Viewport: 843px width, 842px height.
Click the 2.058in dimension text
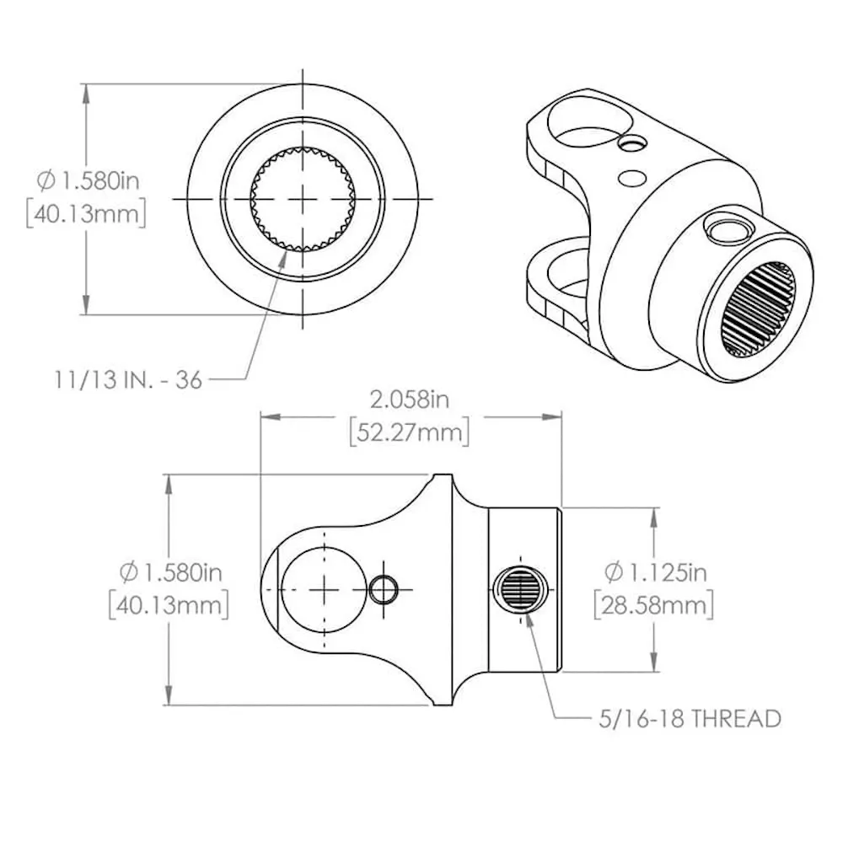click(409, 400)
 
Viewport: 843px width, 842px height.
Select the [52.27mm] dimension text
click(410, 432)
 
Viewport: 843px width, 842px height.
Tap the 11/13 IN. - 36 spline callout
click(128, 380)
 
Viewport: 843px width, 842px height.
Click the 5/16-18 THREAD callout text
click(690, 719)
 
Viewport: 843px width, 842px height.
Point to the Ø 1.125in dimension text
click(656, 572)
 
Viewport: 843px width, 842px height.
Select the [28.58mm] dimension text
click(654, 606)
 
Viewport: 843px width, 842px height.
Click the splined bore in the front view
click(303, 199)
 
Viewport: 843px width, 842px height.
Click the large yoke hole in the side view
click(324, 590)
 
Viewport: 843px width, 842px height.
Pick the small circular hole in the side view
click(384, 590)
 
